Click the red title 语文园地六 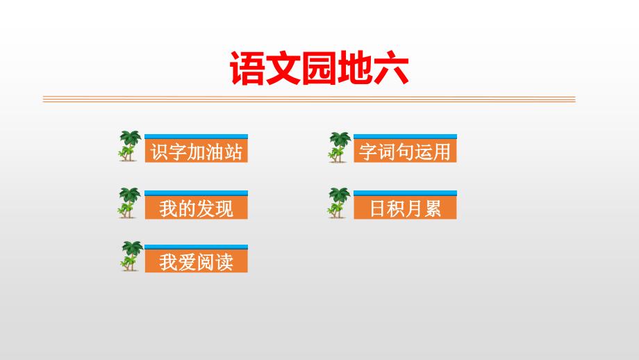click(x=319, y=68)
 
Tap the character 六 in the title click(x=391, y=69)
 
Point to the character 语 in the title click(x=247, y=69)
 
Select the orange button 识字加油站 click(x=196, y=151)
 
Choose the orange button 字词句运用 click(x=405, y=151)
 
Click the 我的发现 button click(x=196, y=208)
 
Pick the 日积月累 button click(x=405, y=208)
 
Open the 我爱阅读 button click(x=196, y=261)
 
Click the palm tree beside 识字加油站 click(x=130, y=146)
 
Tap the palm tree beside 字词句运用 click(x=340, y=147)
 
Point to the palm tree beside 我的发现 click(x=130, y=203)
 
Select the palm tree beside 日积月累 click(x=339, y=203)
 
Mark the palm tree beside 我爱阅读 click(x=132, y=256)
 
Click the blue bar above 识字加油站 click(x=196, y=137)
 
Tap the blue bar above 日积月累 click(x=405, y=193)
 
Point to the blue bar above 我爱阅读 click(x=196, y=247)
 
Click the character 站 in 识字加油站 click(x=233, y=152)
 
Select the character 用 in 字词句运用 click(x=442, y=152)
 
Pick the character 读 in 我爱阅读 click(x=224, y=262)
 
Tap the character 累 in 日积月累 click(x=433, y=208)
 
